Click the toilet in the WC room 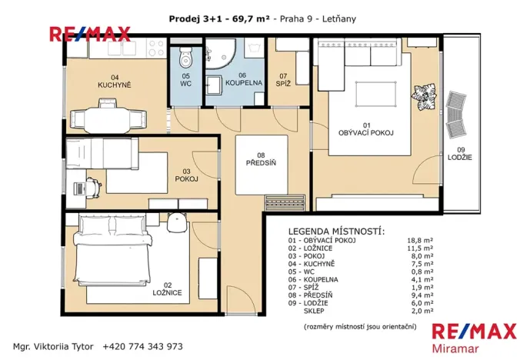pos(185,58)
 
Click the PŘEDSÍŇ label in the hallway pos(261,162)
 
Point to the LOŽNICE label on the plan pos(167,292)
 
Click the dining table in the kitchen pos(108,119)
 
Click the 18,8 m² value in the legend pos(418,241)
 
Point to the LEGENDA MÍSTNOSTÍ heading pos(336,231)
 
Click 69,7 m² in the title pos(250,18)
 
